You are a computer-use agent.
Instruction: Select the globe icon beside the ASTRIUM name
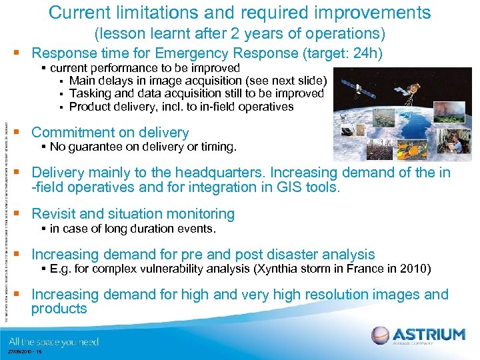[x=380, y=335]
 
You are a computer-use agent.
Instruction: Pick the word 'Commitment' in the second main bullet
[x=70, y=133]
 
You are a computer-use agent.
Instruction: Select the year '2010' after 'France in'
[x=417, y=269]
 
